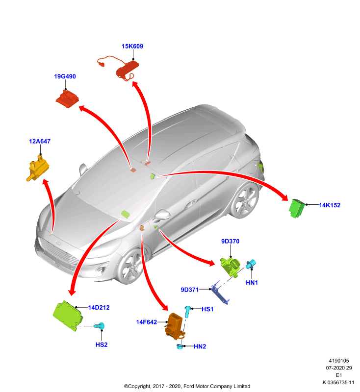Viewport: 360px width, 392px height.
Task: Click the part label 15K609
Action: pyautogui.click(x=132, y=46)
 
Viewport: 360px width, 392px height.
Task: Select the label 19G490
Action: pyautogui.click(x=65, y=76)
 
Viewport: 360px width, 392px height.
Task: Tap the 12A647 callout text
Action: pyautogui.click(x=40, y=142)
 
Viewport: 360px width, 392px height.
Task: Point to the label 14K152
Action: pyautogui.click(x=330, y=205)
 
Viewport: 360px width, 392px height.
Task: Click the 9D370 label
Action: pyautogui.click(x=230, y=241)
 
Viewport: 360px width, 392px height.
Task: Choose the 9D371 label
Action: pyautogui.click(x=190, y=290)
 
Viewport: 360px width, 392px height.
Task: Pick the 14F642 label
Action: pyautogui.click(x=147, y=322)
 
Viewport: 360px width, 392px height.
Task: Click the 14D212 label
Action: pyautogui.click(x=99, y=308)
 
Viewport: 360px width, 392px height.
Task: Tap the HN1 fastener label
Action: pyautogui.click(x=252, y=283)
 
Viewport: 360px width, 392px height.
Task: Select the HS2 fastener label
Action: pyautogui.click(x=102, y=345)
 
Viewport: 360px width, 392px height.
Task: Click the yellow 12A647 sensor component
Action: pyautogui.click(x=38, y=168)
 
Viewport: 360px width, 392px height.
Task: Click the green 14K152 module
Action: pyautogui.click(x=297, y=209)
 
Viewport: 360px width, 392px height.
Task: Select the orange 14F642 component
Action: pyautogui.click(x=175, y=326)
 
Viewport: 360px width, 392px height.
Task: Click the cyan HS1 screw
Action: pyautogui.click(x=188, y=312)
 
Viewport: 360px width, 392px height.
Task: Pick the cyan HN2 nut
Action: pyautogui.click(x=180, y=346)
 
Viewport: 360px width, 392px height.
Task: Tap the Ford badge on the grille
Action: pyautogui.click(x=58, y=243)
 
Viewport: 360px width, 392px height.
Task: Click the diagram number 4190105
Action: pyautogui.click(x=339, y=361)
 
